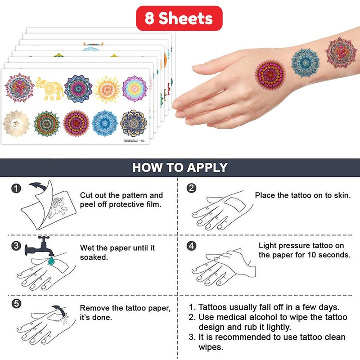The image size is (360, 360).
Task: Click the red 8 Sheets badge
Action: click(x=179, y=18)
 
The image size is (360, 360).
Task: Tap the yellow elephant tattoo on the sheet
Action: click(x=49, y=89)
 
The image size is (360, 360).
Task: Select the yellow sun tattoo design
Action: click(x=108, y=89)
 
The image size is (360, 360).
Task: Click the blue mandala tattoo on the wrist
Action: click(x=306, y=63)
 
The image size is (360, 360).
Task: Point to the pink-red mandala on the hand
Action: click(x=270, y=75)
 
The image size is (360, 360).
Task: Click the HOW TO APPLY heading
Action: click(x=180, y=167)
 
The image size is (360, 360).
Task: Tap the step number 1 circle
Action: click(x=16, y=189)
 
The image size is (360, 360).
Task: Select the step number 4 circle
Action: click(x=192, y=246)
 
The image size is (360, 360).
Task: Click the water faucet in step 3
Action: click(x=40, y=247)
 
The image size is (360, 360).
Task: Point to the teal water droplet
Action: click(x=51, y=261)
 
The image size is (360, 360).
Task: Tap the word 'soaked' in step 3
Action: click(x=94, y=257)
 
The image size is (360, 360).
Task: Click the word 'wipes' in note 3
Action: click(x=211, y=347)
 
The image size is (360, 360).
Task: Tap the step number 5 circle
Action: click(x=16, y=304)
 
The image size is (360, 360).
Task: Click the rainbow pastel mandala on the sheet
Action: click(x=135, y=88)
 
